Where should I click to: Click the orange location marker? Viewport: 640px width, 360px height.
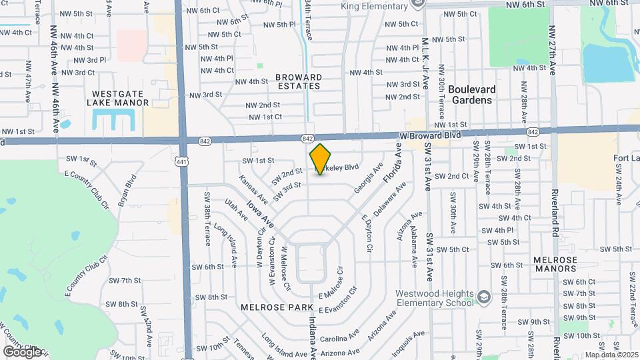(x=321, y=159)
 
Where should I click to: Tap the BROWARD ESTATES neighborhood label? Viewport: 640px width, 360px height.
(x=298, y=81)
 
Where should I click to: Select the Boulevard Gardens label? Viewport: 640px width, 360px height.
(x=471, y=95)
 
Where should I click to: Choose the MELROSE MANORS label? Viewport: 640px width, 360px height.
(x=555, y=264)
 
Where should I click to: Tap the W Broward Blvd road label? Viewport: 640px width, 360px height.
(x=431, y=135)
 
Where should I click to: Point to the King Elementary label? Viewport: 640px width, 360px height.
(x=374, y=7)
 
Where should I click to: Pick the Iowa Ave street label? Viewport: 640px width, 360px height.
(x=260, y=212)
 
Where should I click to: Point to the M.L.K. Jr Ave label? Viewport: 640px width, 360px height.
(x=424, y=64)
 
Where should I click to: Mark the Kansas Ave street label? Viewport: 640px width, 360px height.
(x=253, y=190)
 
